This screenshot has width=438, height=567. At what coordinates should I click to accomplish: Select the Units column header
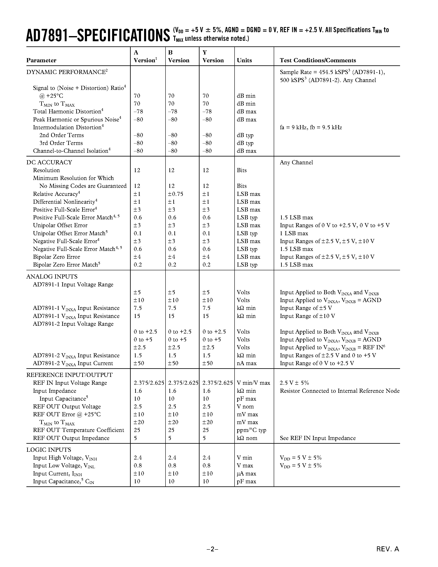tap(244, 60)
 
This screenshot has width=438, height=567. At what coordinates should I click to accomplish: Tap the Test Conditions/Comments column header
tap(318, 60)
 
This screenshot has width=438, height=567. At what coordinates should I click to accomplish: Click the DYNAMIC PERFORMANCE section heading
tap(67, 72)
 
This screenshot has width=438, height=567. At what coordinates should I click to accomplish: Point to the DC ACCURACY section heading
tap(49, 162)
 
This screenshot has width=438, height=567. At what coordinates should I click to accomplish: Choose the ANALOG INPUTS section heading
tap(52, 276)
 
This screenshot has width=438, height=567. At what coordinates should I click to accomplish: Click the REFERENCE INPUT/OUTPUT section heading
tap(69, 375)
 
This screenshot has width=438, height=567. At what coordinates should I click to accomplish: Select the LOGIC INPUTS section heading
tap(48, 450)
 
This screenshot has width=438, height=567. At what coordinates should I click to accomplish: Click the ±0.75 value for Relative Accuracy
tap(175, 194)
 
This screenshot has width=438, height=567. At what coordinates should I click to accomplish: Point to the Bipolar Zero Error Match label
tap(66, 265)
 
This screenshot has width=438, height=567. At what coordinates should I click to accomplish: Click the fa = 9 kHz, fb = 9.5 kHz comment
tap(311, 127)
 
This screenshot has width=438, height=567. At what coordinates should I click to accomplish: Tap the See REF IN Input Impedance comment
tap(318, 438)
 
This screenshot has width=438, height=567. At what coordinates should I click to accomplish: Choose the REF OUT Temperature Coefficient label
tap(78, 430)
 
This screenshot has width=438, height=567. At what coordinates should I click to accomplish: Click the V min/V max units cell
tap(253, 383)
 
